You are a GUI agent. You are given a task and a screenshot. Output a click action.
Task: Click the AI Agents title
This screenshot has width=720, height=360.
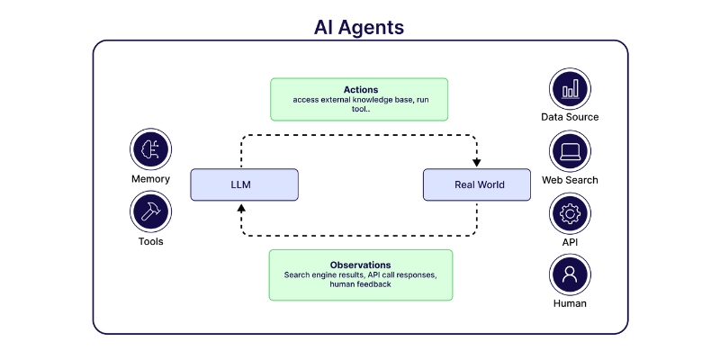tap(359, 26)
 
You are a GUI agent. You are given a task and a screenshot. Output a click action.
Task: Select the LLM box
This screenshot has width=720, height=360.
tap(244, 185)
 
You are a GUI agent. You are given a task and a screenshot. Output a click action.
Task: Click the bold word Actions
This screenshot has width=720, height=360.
tap(360, 90)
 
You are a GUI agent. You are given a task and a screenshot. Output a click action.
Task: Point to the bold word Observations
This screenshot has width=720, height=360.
tap(360, 265)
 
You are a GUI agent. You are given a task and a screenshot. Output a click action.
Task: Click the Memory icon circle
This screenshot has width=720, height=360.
tap(150, 149)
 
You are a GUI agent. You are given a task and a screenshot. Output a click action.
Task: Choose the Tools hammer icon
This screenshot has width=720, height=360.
tap(150, 212)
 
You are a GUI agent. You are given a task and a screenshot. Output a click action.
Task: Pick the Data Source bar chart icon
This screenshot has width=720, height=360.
tap(570, 88)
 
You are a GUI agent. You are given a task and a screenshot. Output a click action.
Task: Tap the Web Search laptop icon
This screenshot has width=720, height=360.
tap(570, 151)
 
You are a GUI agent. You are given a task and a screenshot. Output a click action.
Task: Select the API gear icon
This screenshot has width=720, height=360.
tap(570, 214)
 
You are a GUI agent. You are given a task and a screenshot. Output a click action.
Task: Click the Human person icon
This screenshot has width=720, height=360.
tap(570, 275)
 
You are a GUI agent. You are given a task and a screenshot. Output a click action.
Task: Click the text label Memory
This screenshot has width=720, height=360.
tap(150, 179)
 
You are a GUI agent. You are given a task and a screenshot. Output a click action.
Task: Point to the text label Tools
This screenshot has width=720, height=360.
tap(150, 241)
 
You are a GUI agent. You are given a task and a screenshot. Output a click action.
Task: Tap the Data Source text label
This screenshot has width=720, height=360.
tap(570, 117)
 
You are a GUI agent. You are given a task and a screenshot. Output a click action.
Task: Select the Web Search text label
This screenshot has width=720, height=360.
tap(570, 180)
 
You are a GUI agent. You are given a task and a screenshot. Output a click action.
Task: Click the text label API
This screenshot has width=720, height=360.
tap(570, 242)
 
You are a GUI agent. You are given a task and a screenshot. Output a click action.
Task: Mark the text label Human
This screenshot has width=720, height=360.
tap(570, 303)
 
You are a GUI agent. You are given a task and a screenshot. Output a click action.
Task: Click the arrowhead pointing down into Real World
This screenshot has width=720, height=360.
tap(477, 163)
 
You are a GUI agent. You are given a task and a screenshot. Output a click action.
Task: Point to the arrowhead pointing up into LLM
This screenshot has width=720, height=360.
tap(240, 207)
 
